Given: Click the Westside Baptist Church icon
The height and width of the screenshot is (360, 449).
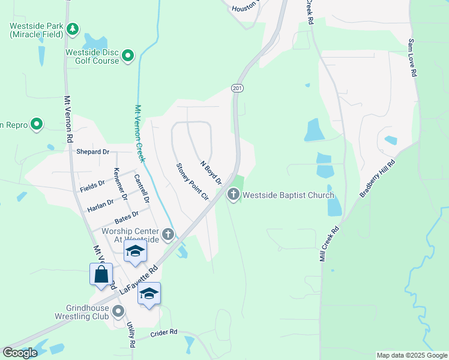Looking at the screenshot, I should pos(233,194).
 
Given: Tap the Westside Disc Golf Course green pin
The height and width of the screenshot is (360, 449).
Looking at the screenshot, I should pos(128,56).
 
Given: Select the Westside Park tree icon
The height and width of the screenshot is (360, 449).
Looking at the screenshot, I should pos(72,28).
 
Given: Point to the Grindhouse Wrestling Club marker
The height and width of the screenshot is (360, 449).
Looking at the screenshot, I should pos(118,311).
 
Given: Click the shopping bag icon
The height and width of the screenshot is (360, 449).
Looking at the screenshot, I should pos(101,275).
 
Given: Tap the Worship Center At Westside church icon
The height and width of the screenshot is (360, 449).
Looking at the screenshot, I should pos(169,233).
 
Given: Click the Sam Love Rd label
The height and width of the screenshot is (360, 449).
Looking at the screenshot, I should pos(412,58).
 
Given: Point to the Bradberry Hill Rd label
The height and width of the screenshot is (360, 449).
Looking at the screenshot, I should pos(378,178).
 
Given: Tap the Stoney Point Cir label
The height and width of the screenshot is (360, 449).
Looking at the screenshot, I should pos(191,181).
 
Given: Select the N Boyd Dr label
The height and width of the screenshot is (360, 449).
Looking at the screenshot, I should pos(211,172).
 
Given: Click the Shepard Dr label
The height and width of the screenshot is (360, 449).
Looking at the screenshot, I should pos(93,152).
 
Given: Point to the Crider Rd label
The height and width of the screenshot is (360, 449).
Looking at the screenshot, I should pos(164,332).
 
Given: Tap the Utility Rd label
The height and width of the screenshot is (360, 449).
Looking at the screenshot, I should pos(131,335).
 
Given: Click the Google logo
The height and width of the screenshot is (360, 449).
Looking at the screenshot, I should pos(20,353).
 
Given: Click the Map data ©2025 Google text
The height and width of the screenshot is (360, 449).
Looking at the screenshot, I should pos(412,355).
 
